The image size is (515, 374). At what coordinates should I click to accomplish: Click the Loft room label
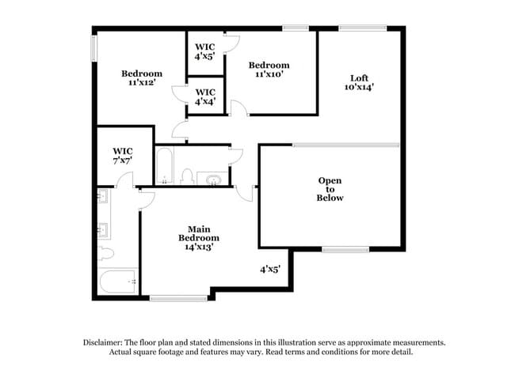[359, 77]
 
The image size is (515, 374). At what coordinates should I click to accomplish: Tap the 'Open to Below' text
[330, 189]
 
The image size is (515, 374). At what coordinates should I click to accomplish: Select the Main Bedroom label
[198, 233]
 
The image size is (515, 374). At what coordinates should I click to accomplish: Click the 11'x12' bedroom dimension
[141, 82]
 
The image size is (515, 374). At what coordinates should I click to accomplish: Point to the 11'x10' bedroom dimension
[269, 74]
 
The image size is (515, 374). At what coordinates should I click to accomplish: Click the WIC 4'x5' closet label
[205, 52]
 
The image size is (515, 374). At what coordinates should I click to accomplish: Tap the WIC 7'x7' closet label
[122, 156]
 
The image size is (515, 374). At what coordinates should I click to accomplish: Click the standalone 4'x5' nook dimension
[270, 269]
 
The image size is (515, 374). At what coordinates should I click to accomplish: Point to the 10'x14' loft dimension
[359, 87]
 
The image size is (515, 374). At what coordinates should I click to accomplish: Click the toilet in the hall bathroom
[188, 176]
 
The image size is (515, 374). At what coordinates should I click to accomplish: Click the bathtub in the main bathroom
[119, 281]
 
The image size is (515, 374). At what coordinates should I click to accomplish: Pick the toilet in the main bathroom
[105, 253]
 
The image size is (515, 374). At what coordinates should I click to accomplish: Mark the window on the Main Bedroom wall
[168, 297]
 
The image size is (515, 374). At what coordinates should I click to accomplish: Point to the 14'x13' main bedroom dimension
[198, 247]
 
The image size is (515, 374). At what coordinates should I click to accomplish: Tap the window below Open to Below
[345, 250]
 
